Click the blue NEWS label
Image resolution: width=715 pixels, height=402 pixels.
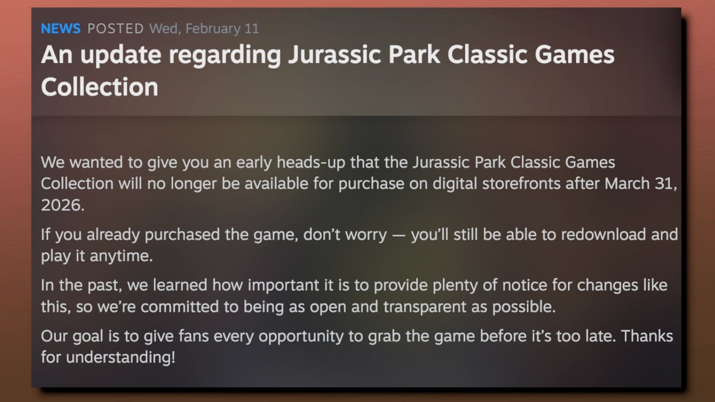[60, 29]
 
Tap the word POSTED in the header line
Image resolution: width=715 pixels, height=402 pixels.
[115, 29]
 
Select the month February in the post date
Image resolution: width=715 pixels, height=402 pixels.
[213, 29]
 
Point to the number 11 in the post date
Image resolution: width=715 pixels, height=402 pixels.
[252, 29]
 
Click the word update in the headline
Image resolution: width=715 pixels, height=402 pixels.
[121, 55]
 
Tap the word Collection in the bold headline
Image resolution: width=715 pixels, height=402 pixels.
[99, 87]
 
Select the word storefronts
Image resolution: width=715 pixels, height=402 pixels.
[521, 184]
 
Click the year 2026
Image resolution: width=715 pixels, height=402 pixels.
[62, 205]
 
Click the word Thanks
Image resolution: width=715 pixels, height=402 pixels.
[647, 336]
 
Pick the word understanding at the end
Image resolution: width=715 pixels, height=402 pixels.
[120, 358]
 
